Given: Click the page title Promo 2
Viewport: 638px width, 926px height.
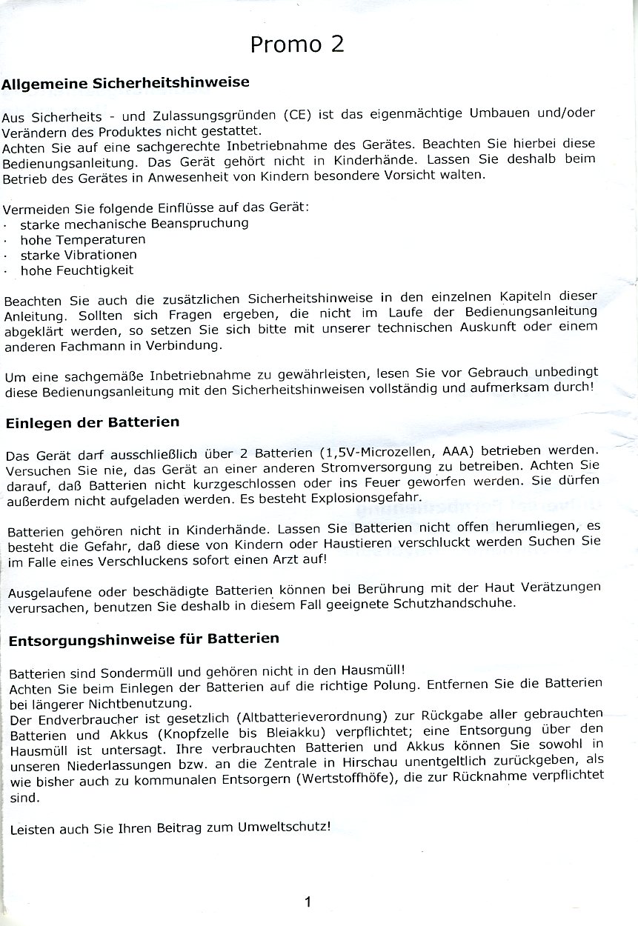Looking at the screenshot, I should click(296, 44).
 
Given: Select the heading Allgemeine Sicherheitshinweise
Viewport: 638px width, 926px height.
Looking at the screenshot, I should click(125, 83).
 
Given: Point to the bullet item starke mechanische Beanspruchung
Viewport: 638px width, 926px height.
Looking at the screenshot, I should click(134, 222).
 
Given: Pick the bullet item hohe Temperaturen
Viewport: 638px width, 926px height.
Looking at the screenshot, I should click(83, 239).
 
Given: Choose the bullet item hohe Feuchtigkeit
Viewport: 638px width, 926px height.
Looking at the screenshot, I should click(77, 270).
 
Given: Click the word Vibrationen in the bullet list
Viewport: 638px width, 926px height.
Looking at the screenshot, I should click(104, 255).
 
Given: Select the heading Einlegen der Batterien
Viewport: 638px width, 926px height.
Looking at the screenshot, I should click(93, 423).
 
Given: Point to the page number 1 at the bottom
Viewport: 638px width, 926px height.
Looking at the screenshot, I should click(308, 902).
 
